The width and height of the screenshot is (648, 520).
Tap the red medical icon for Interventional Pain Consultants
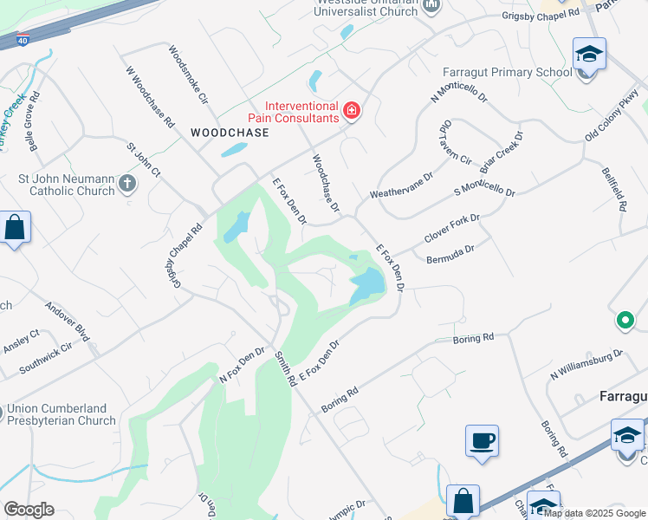[352, 110]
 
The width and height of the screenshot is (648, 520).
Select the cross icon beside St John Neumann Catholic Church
[127, 183]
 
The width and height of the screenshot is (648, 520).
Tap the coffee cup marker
[482, 441]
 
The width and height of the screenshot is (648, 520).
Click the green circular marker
[625, 321]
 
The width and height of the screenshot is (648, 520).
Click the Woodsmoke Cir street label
[189, 75]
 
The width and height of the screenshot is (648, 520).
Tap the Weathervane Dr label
[401, 185]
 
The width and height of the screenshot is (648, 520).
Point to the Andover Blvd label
[68, 320]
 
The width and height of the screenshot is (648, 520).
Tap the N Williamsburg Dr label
[586, 363]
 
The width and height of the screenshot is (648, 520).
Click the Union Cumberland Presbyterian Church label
[62, 414]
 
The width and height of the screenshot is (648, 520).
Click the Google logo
[29, 509]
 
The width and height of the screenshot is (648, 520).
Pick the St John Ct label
[144, 160]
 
